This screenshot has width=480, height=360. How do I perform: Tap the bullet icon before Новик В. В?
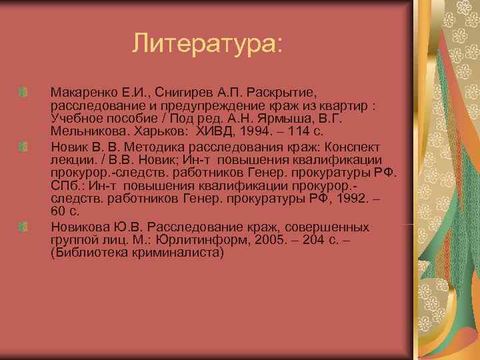23,146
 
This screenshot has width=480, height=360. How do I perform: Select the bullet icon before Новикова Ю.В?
23,227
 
